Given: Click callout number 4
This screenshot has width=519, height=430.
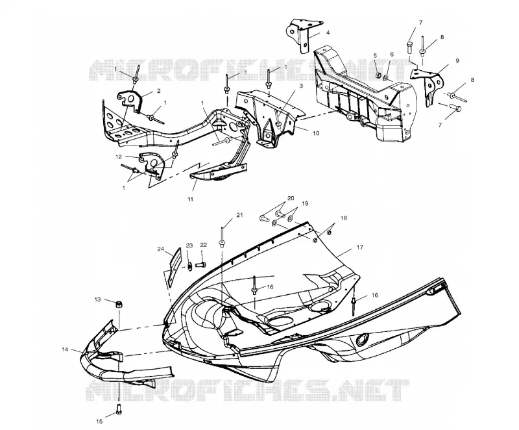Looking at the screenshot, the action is tap(328, 32).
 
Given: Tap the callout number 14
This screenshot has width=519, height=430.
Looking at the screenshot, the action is tap(64, 349).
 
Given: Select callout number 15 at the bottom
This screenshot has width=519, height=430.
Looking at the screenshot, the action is tap(100, 422).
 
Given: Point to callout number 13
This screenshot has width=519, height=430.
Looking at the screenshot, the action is tap(98, 299).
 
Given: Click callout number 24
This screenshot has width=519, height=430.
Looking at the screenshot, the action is tap(161, 249).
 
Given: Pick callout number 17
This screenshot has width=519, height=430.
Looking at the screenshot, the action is tap(360, 247).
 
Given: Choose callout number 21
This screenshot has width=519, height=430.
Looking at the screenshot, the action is tap(239, 215).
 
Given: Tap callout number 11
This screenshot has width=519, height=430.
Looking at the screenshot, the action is tap(190, 199).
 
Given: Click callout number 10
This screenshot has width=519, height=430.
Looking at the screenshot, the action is tap(316, 133).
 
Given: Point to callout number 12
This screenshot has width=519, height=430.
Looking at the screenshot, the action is tap(119, 157).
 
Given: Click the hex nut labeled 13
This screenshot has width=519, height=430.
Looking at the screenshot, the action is tap(117, 303).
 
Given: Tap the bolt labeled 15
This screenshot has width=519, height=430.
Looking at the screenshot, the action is tap(119, 409).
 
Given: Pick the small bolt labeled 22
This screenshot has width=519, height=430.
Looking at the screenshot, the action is tap(200, 265).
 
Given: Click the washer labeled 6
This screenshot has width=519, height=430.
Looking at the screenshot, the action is tap(387, 78).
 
